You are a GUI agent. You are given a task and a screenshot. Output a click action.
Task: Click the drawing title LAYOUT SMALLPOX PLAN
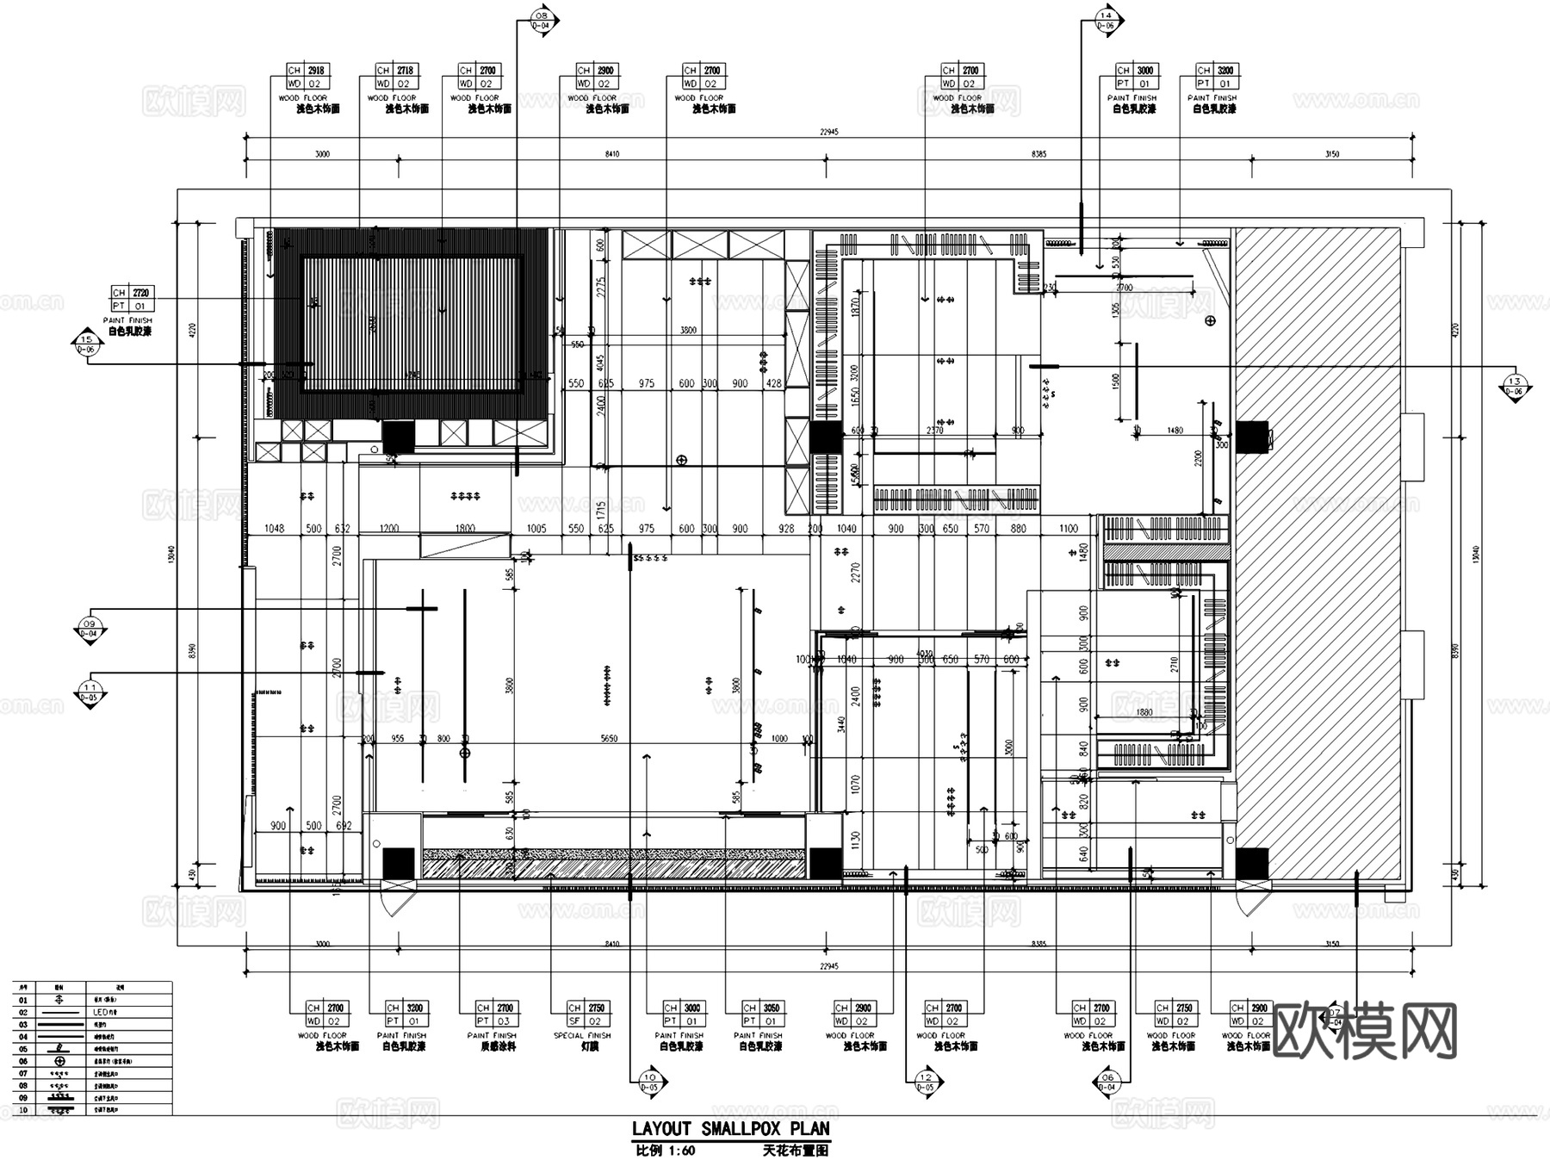pyautogui.click(x=730, y=1129)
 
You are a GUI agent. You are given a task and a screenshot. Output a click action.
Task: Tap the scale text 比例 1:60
pyautogui.click(x=665, y=1151)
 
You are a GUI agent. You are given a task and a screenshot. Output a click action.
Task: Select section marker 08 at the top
pyautogui.click(x=542, y=19)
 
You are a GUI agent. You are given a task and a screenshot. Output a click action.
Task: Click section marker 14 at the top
pyautogui.click(x=1106, y=19)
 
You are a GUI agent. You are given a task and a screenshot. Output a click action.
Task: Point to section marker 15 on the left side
pyautogui.click(x=86, y=344)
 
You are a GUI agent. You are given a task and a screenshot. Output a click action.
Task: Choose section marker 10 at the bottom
pyautogui.click(x=649, y=1082)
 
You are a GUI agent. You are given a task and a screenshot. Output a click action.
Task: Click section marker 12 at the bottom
pyautogui.click(x=926, y=1082)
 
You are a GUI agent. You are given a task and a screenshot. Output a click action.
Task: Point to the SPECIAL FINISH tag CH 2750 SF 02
pyautogui.click(x=586, y=1014)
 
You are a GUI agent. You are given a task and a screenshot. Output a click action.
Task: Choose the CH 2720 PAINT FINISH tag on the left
pyautogui.click(x=132, y=300)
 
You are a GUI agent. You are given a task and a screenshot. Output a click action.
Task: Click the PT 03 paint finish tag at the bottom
pyautogui.click(x=496, y=1014)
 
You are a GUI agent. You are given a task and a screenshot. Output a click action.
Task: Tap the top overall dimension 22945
pyautogui.click(x=828, y=132)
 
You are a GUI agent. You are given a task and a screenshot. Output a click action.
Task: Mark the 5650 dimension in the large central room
pyautogui.click(x=608, y=739)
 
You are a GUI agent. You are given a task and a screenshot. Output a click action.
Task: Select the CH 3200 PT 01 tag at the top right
pyautogui.click(x=1215, y=77)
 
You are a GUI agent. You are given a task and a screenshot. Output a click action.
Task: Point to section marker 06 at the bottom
pyautogui.click(x=1107, y=1082)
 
